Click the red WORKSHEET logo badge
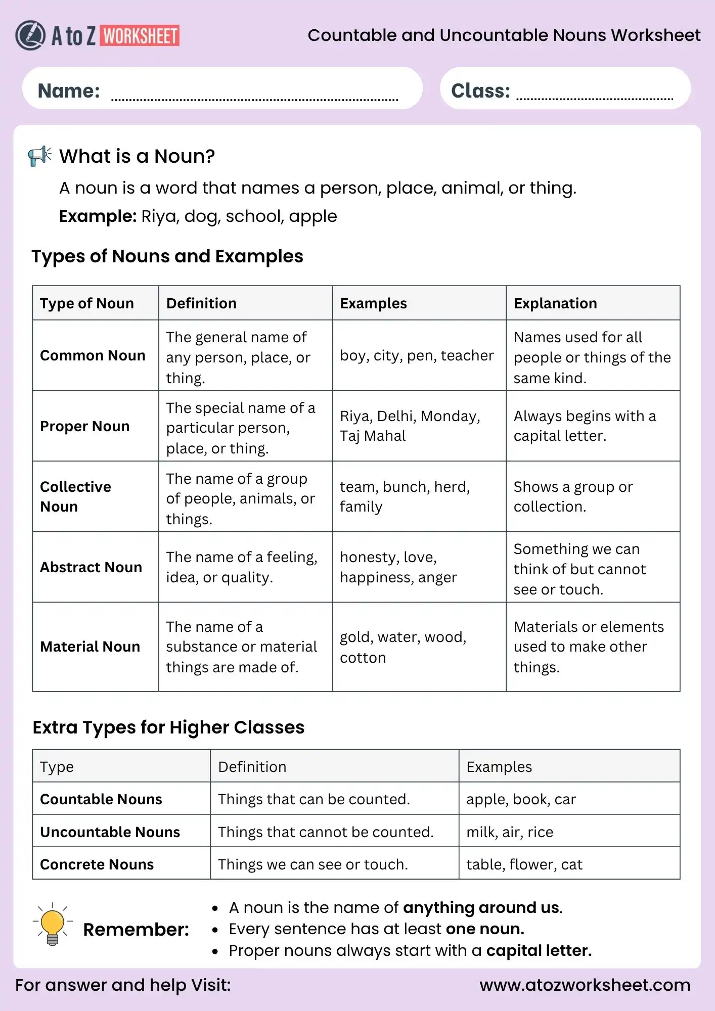pos(140,36)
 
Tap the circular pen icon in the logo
pos(30,35)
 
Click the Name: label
pos(69,91)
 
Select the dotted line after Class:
pos(594,98)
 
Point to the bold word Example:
pos(98,216)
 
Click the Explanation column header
pos(555,303)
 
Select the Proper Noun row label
pos(84,426)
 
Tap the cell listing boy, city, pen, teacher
pos(416,355)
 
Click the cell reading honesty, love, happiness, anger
pos(398,567)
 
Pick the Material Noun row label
pos(90,647)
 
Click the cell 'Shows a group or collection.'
pos(572,496)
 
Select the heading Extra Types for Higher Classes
pos(168,727)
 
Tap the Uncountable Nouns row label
pos(110,832)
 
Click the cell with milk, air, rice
pos(509,832)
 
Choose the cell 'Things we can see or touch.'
pos(312,864)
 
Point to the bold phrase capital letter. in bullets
pos(539,950)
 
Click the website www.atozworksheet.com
pos(585,985)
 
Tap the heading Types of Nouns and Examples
pos(167,256)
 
